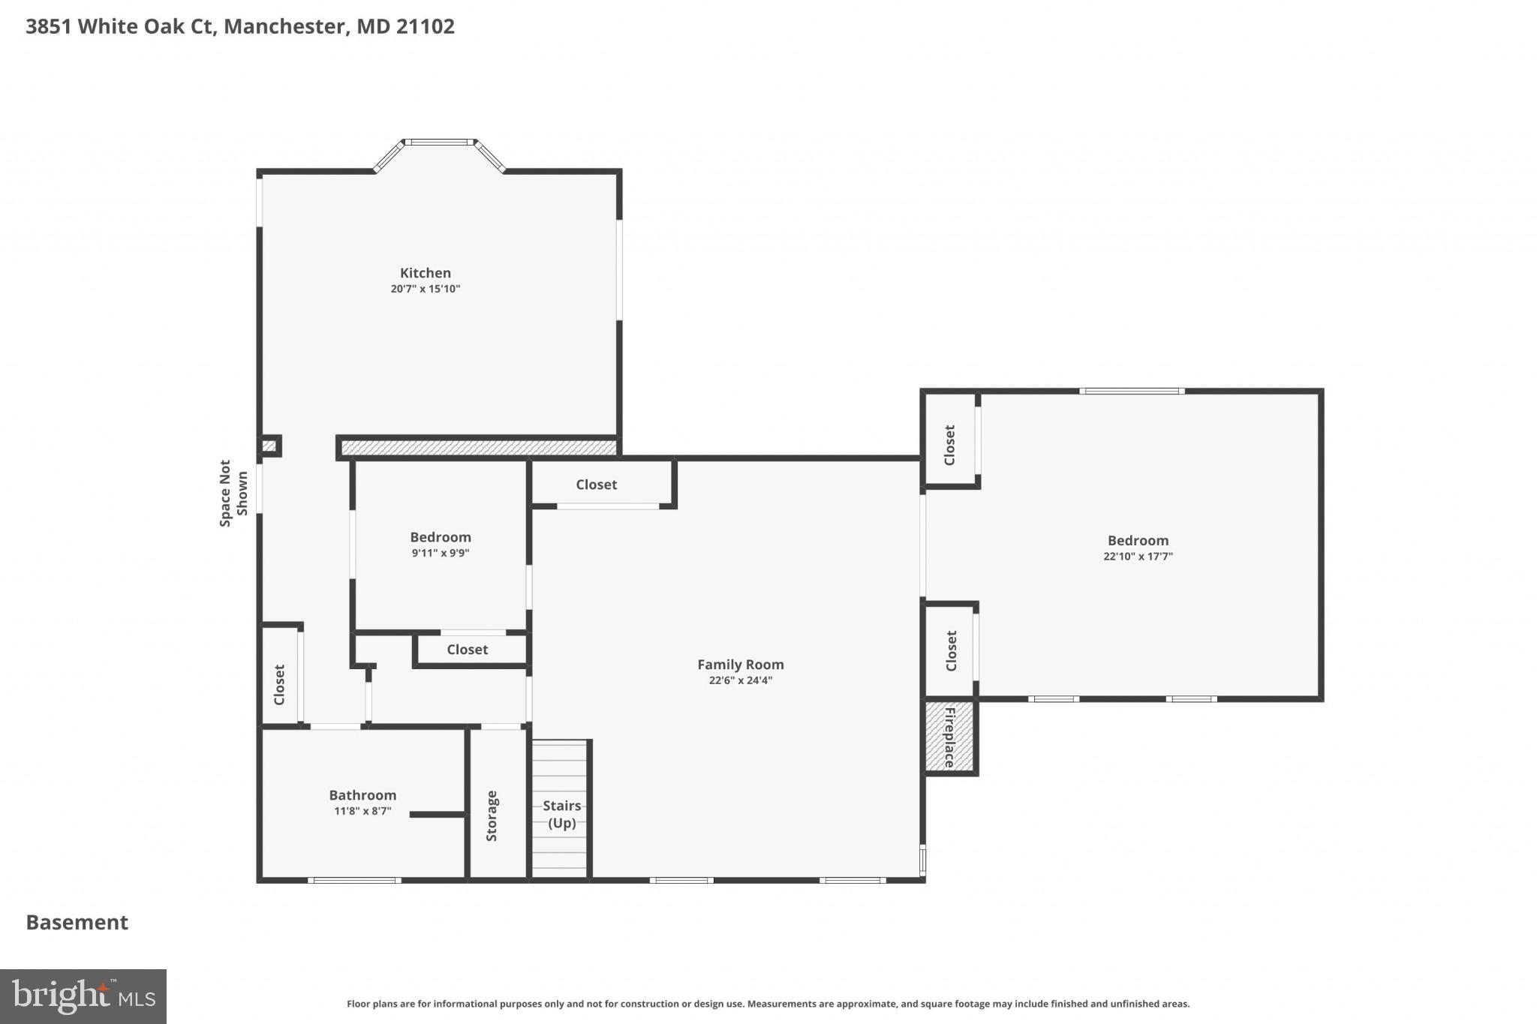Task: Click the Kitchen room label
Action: pyautogui.click(x=425, y=273)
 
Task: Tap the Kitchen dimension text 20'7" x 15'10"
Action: pyautogui.click(x=425, y=289)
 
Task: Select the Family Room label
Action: pyautogui.click(x=740, y=665)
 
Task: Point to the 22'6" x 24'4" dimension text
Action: pyautogui.click(x=740, y=680)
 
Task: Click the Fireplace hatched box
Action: pyautogui.click(x=949, y=737)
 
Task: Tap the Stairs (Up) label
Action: pyautogui.click(x=561, y=814)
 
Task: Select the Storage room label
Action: pyautogui.click(x=492, y=815)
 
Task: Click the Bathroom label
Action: pyautogui.click(x=362, y=795)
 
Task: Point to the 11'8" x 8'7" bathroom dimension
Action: pyautogui.click(x=362, y=811)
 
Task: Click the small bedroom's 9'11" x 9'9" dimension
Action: pyautogui.click(x=440, y=553)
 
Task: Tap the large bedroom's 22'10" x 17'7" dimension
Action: pyautogui.click(x=1138, y=557)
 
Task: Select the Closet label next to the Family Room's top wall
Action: pyautogui.click(x=596, y=485)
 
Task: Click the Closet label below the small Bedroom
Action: pyautogui.click(x=467, y=650)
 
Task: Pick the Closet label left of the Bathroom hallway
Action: pyautogui.click(x=279, y=684)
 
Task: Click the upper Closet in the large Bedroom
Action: pyautogui.click(x=949, y=445)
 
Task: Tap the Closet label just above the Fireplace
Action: pyautogui.click(x=951, y=650)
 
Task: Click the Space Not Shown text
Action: pyautogui.click(x=233, y=493)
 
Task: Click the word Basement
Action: pyautogui.click(x=77, y=922)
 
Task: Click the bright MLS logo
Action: pyautogui.click(x=83, y=996)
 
